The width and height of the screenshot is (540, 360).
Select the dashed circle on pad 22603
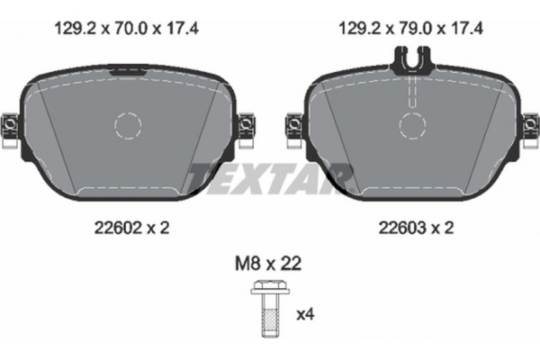412,124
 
